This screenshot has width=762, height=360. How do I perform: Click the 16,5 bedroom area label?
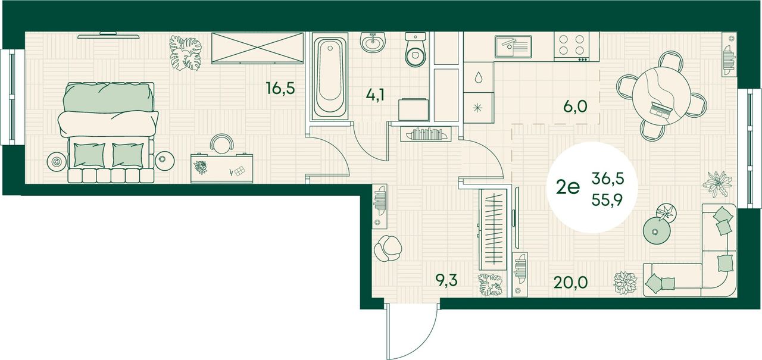[280, 89]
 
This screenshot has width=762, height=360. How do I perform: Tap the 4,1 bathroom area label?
[375, 95]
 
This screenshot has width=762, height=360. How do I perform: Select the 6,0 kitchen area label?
[575, 107]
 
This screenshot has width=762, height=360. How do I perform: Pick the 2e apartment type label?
[567, 187]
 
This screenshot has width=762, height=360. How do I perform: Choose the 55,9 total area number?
[607, 200]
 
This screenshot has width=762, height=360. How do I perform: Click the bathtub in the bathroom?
[330, 77]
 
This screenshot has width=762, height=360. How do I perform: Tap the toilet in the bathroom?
[416, 49]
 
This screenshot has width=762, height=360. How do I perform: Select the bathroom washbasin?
[373, 42]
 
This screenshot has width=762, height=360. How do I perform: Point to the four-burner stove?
[571, 46]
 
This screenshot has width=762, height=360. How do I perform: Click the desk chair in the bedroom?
[222, 143]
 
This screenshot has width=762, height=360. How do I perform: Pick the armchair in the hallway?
[388, 248]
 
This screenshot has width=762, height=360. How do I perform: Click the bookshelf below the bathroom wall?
[426, 134]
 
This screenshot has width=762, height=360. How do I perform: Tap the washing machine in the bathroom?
[413, 109]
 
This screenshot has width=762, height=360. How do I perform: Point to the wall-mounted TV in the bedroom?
[108, 35]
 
